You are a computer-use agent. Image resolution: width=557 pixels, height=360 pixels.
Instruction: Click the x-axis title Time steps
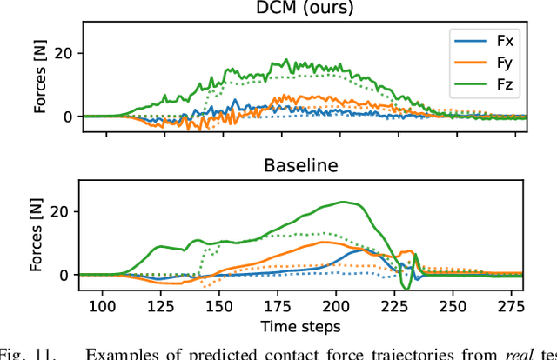tap(301, 326)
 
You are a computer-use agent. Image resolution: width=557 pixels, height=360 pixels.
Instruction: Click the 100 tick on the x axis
tap(103, 306)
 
